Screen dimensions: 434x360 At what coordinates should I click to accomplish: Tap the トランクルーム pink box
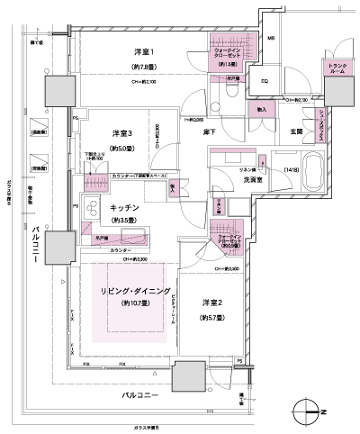336,68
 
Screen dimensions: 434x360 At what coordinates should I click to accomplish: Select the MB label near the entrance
273,40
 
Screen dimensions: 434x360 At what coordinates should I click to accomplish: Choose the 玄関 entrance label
294,133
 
